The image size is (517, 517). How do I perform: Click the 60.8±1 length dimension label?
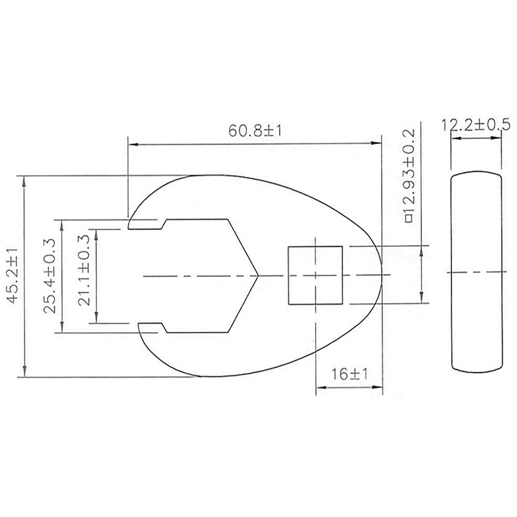[255, 131]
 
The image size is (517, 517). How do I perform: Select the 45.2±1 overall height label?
[14, 276]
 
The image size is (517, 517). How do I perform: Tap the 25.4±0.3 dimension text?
[49, 276]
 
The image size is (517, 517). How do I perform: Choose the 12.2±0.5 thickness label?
[476, 125]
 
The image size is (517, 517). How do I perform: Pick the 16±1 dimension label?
[350, 375]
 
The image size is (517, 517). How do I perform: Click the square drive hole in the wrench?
[315, 275]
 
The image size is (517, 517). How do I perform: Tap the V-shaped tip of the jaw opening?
[258, 276]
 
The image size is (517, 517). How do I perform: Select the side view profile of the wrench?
[476, 272]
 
